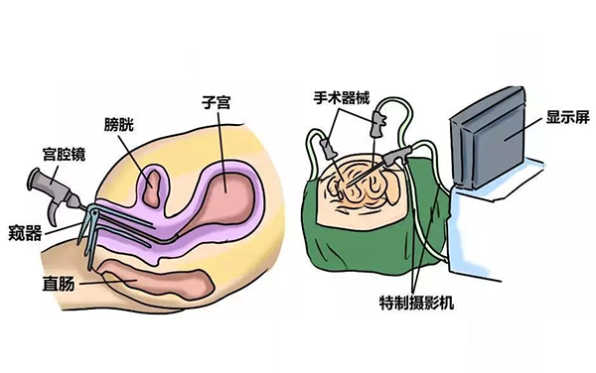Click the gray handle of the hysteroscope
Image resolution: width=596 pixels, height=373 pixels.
(x=45, y=184)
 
